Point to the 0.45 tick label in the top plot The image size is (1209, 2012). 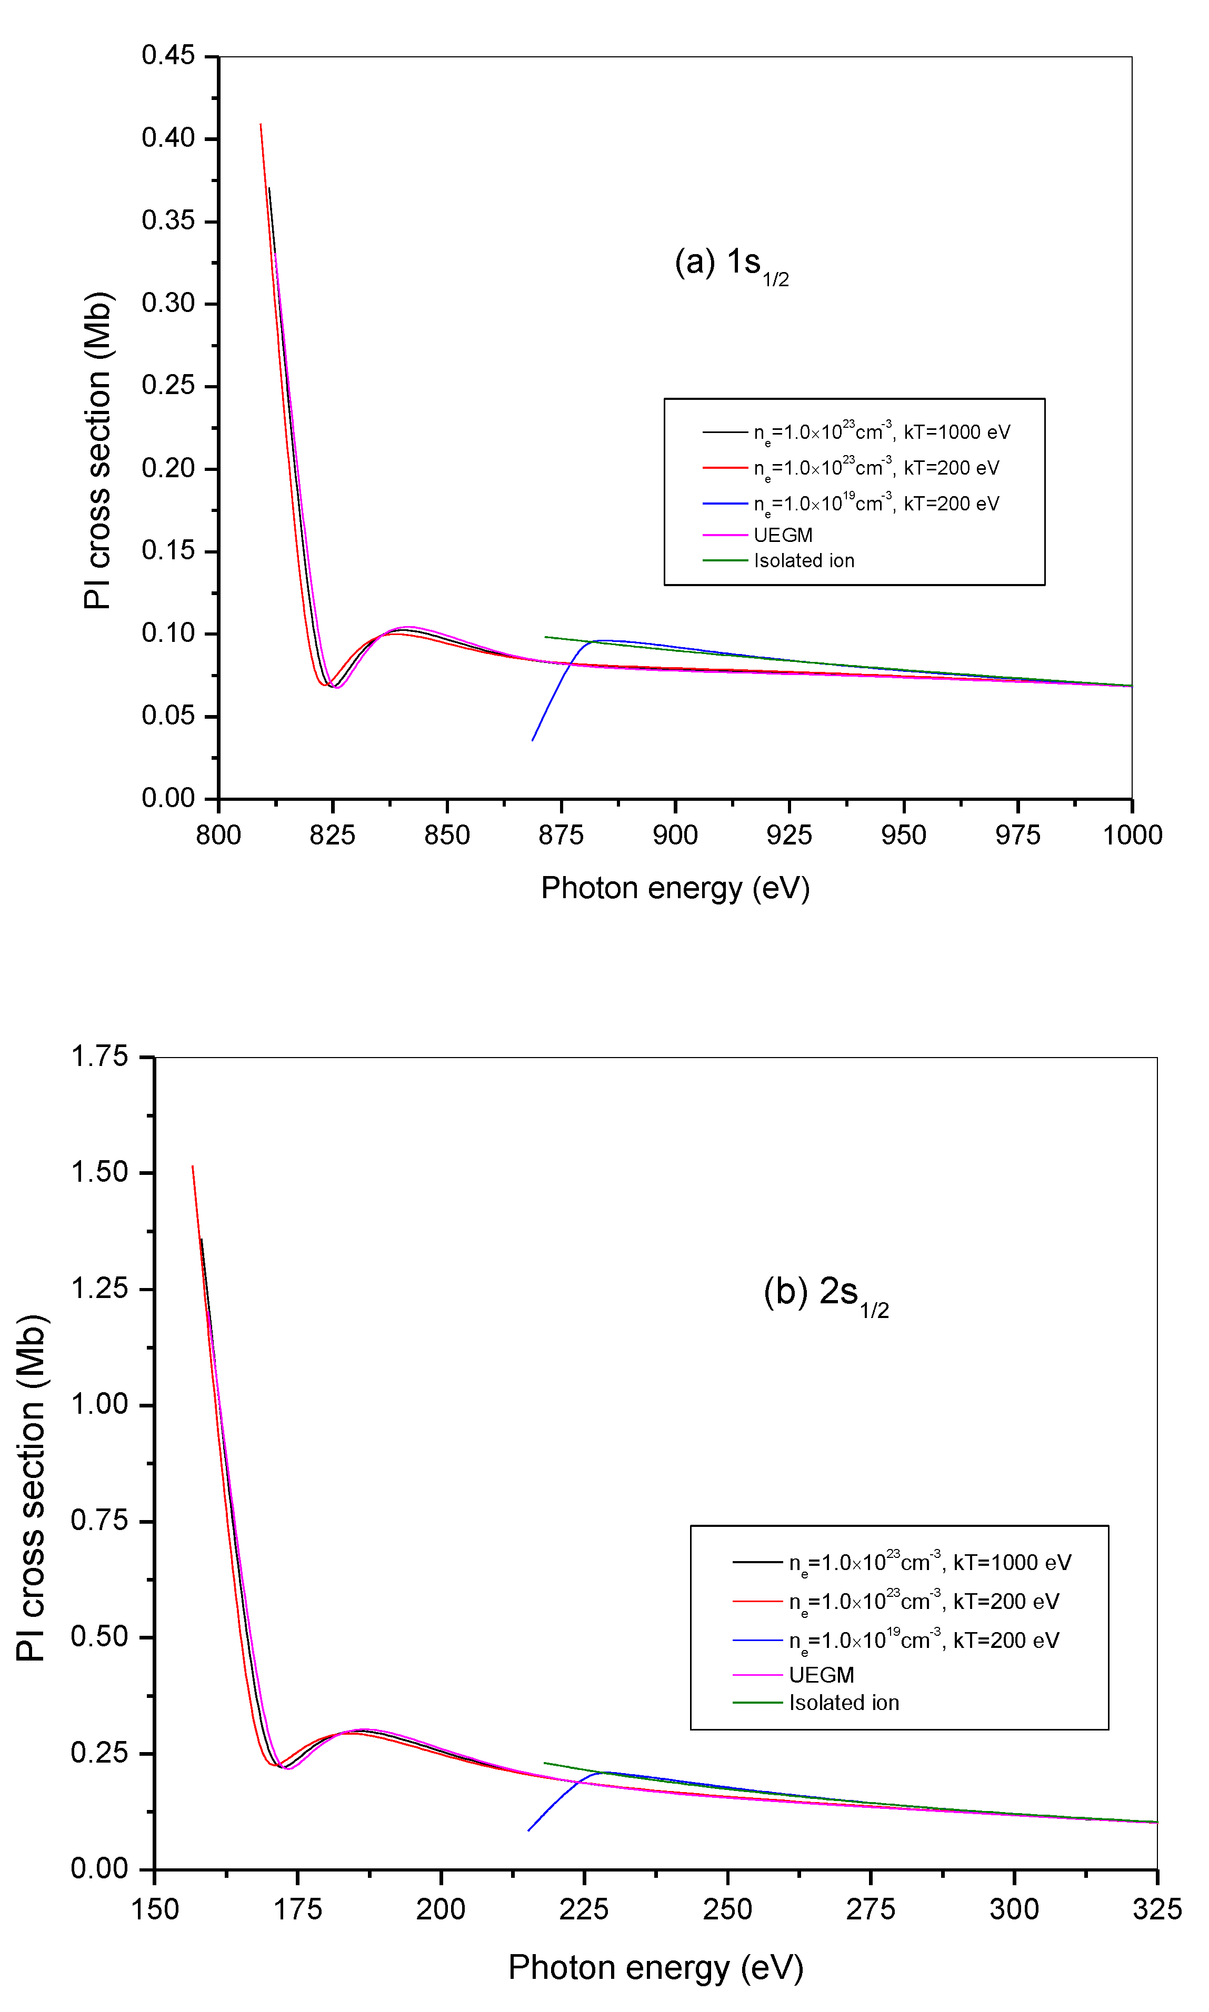click(x=168, y=55)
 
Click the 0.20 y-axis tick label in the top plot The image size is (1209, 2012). click(x=168, y=468)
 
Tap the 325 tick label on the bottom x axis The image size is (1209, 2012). click(x=1156, y=1909)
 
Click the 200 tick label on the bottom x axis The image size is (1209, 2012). click(x=441, y=1909)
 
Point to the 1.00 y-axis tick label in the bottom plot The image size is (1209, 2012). click(x=99, y=1405)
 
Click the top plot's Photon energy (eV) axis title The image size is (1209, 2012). click(x=675, y=888)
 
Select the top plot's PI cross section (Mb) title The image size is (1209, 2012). click(x=98, y=450)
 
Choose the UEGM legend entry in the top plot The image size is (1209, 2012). click(x=782, y=535)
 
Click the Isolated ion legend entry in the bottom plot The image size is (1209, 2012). click(x=843, y=1703)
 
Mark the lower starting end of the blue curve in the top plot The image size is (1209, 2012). click(x=533, y=740)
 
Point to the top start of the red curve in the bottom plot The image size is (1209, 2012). click(x=192, y=1166)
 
